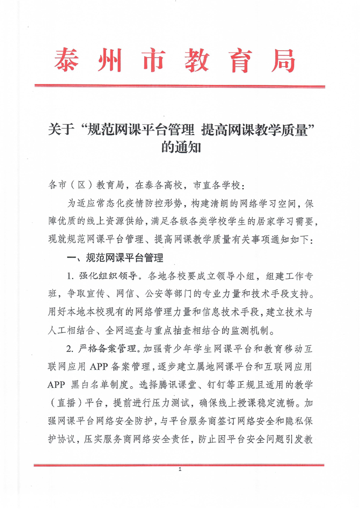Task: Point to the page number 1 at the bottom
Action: point(180,470)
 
